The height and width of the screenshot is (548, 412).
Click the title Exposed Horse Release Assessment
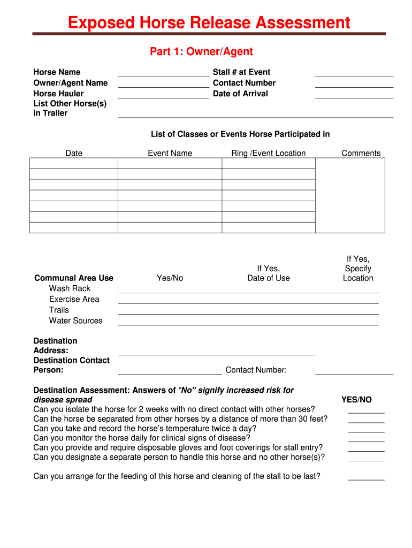209,23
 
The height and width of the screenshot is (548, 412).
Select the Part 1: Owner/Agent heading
201,51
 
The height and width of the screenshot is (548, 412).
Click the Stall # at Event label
241,72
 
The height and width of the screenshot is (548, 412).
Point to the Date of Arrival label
240,94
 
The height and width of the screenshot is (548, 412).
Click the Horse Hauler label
58,94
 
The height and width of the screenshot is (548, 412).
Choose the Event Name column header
170,153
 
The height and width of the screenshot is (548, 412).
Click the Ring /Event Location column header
268,153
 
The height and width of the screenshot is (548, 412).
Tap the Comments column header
361,153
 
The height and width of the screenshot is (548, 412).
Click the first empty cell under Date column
73,163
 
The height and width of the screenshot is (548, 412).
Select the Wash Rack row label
70,288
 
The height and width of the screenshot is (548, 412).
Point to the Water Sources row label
75,321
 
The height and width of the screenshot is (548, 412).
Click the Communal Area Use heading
74,278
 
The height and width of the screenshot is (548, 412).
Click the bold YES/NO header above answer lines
356,400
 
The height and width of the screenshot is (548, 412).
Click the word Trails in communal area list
59,310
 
